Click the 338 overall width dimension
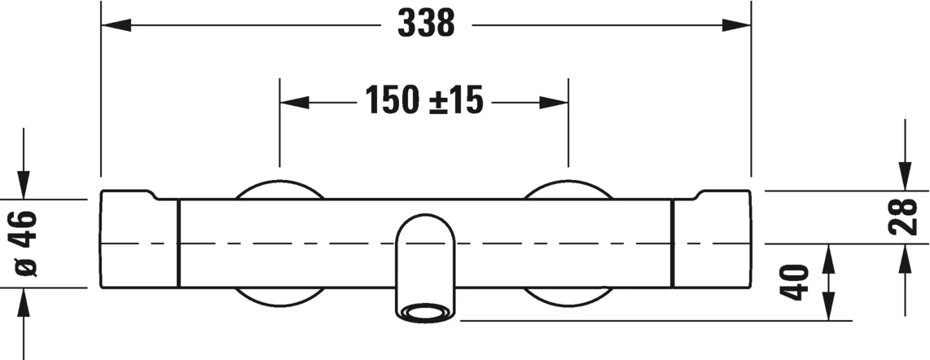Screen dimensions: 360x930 pyautogui.click(x=425, y=24)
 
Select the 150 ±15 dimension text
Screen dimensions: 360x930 pyautogui.click(x=423, y=101)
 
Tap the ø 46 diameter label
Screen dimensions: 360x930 pyautogui.click(x=24, y=243)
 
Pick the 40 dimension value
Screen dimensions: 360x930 pyautogui.click(x=798, y=282)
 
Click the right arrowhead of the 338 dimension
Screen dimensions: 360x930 pyautogui.click(x=736, y=25)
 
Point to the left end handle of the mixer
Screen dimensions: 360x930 pyautogui.click(x=139, y=241)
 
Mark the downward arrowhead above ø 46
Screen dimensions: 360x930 pyautogui.click(x=24, y=186)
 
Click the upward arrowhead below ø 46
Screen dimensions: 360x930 pyautogui.click(x=24, y=301)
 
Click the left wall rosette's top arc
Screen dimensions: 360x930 pyautogui.click(x=279, y=184)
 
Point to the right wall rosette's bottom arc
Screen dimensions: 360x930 pyautogui.click(x=568, y=298)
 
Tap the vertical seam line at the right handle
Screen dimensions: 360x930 pyautogui.click(x=673, y=242)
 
